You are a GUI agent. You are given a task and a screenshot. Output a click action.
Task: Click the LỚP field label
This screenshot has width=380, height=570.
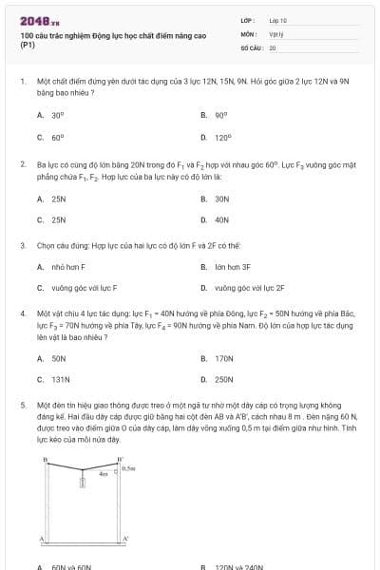[246, 20]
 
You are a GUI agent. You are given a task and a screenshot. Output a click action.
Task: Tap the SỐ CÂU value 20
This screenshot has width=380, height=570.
[273, 46]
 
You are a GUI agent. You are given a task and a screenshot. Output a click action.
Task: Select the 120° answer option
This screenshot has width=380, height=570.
[222, 137]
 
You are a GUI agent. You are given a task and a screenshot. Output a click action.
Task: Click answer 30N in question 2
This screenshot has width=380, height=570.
[222, 199]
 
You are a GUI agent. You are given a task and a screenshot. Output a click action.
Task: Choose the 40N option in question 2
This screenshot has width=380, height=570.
[222, 219]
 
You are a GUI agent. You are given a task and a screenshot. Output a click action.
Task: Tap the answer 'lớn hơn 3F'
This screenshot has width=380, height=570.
[233, 267]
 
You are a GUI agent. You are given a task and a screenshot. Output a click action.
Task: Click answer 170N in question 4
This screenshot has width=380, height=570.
[224, 359]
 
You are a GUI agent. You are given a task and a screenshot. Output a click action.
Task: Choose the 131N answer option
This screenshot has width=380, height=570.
[61, 379]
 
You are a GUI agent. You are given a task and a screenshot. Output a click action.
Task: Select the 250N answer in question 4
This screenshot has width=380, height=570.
[224, 379]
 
